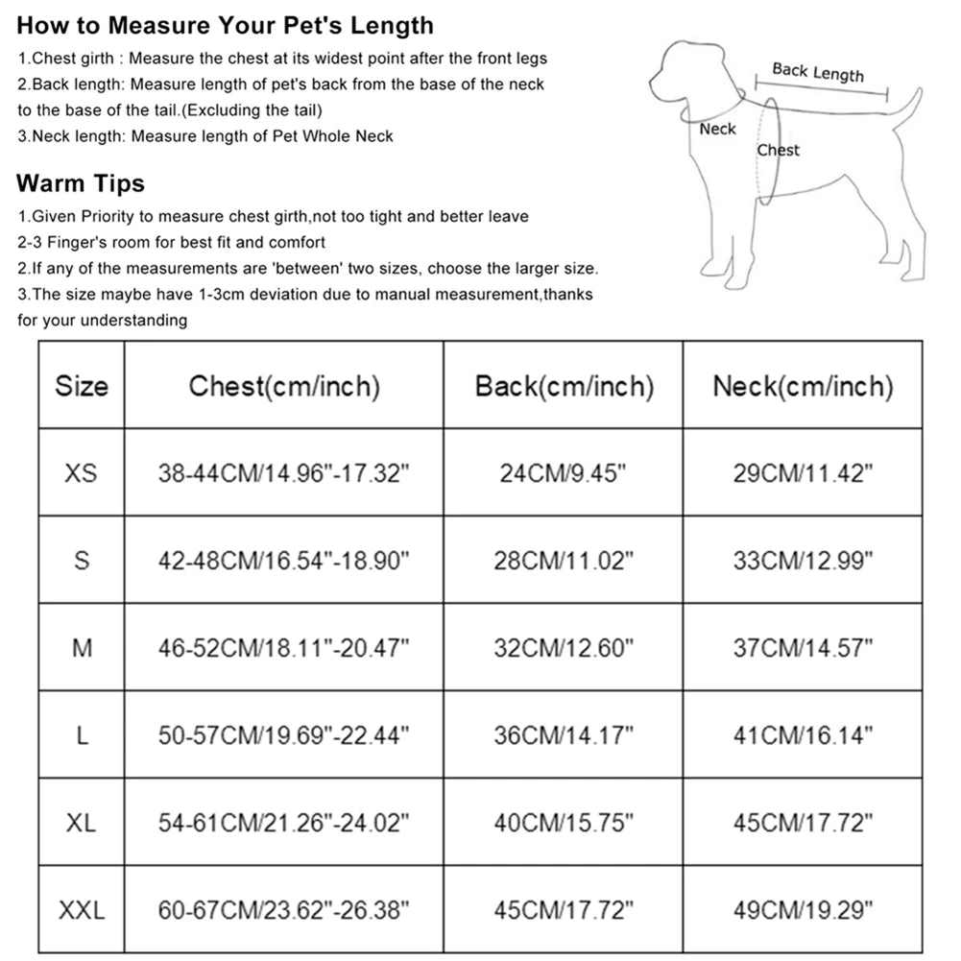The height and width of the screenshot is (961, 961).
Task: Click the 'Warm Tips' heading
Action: tap(81, 182)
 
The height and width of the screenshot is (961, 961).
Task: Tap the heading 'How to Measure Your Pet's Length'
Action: tap(225, 25)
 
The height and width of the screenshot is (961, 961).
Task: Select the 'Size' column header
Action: tap(82, 386)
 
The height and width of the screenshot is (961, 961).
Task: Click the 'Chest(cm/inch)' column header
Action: tap(284, 386)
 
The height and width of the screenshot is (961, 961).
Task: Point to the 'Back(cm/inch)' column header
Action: tap(564, 386)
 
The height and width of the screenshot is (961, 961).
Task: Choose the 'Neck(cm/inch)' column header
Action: tap(803, 386)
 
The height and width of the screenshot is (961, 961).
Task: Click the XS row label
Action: tap(82, 472)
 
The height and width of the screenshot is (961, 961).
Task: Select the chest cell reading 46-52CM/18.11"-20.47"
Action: tap(284, 648)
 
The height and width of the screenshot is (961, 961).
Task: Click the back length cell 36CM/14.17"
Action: tap(564, 735)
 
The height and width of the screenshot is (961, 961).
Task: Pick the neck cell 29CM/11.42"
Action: tap(803, 472)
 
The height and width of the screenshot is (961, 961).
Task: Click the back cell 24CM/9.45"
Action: tap(564, 472)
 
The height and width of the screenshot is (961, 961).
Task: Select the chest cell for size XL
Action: tap(284, 823)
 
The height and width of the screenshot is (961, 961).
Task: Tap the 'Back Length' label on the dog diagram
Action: tap(818, 72)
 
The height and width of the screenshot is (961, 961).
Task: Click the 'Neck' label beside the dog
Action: tap(717, 129)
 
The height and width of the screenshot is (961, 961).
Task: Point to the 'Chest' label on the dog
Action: tap(778, 150)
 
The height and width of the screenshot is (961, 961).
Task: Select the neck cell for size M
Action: tap(803, 648)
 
